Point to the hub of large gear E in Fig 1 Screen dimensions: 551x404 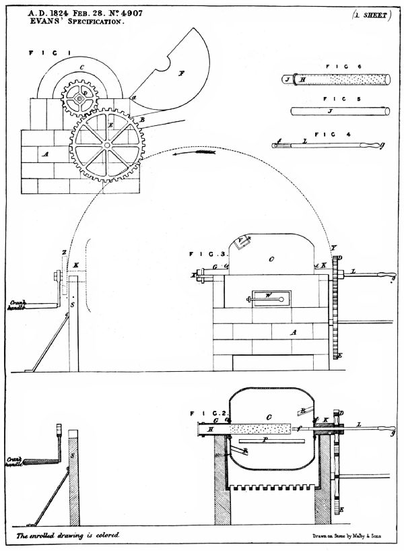[x=107, y=144]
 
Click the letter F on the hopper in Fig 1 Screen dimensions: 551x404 [x=181, y=73]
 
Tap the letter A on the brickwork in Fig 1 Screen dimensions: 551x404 [x=45, y=154]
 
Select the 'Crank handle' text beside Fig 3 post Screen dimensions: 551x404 [x=18, y=306]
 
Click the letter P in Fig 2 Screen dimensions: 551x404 [x=267, y=439]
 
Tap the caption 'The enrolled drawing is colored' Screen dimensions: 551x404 [x=67, y=535]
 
